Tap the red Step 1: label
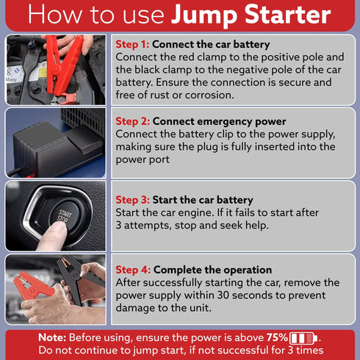(132, 44)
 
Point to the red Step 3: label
(132, 200)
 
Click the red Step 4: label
(132, 270)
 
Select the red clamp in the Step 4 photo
(29, 284)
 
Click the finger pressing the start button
(51, 234)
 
